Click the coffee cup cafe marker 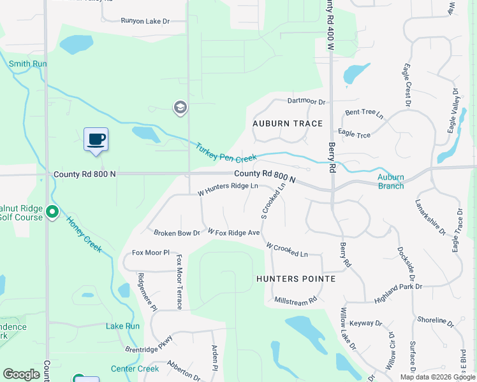click(x=96, y=139)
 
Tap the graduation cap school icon click(x=180, y=108)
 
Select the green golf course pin click(x=52, y=212)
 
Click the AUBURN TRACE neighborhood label click(x=288, y=124)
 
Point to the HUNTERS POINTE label click(x=296, y=279)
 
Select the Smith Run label click(x=28, y=64)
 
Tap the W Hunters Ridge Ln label click(x=228, y=187)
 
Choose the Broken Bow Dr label click(x=177, y=233)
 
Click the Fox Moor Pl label click(x=150, y=253)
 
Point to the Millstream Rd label click(x=295, y=299)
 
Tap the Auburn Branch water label click(x=390, y=181)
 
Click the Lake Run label click(x=122, y=326)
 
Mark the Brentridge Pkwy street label click(x=149, y=344)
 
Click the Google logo click(x=21, y=374)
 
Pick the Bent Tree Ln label click(x=364, y=114)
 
